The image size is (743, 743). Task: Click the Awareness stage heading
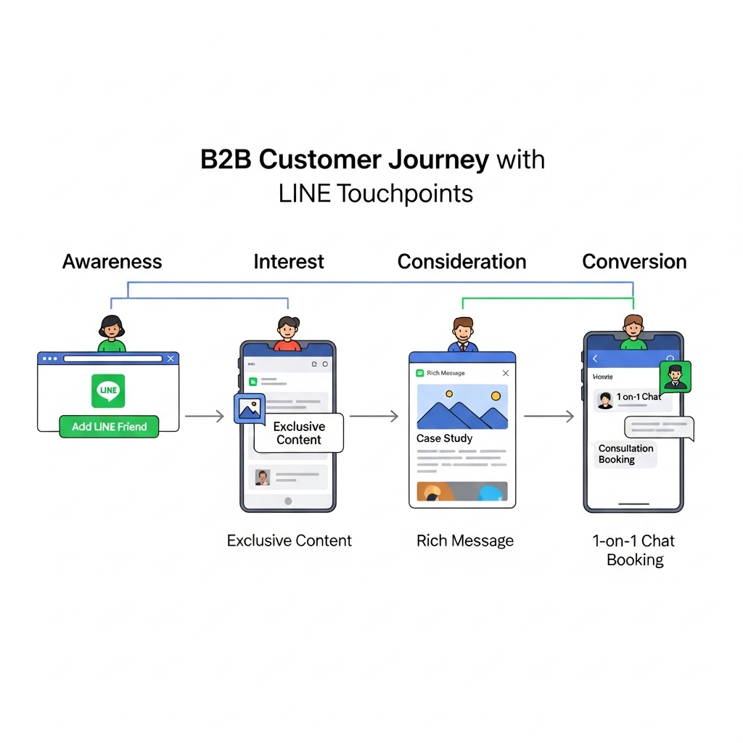[112, 261]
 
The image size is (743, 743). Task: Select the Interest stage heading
[289, 261]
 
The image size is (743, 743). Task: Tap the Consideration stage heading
[461, 261]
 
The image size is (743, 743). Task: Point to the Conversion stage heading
[634, 261]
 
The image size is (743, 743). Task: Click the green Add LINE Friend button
[109, 427]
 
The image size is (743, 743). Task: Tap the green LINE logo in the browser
[108, 390]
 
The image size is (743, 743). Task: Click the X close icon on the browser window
[171, 358]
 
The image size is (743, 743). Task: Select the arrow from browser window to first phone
[205, 416]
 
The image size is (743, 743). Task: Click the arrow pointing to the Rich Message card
[374, 416]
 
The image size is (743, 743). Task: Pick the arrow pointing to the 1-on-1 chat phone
[549, 416]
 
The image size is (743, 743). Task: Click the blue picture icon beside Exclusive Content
[249, 409]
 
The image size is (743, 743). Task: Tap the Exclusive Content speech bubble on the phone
[299, 433]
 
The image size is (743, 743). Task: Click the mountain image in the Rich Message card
[462, 406]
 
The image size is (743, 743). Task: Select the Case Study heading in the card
[444, 438]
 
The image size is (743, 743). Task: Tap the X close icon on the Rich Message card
[506, 373]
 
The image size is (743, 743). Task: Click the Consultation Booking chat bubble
[625, 454]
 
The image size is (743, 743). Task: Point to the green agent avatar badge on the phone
[675, 377]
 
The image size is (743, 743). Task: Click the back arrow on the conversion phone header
[596, 358]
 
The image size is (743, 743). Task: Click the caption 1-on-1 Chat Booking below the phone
[635, 550]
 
